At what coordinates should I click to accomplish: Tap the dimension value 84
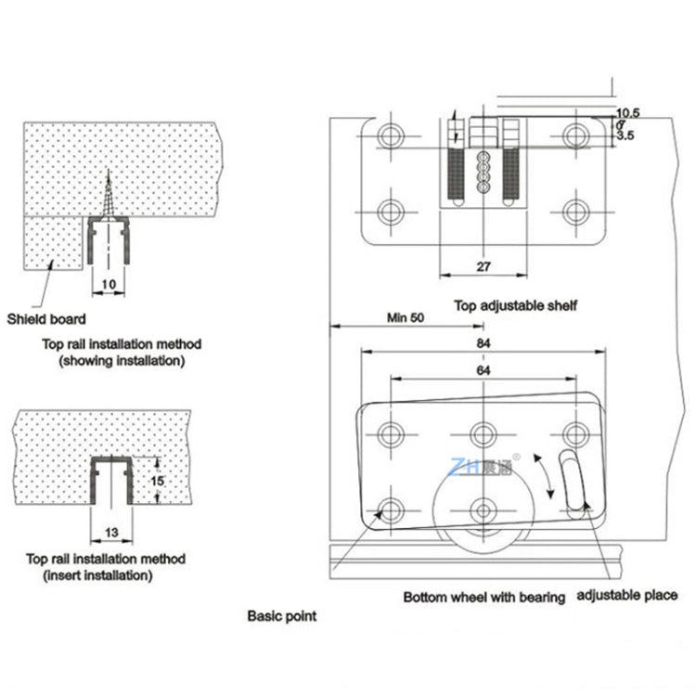(x=482, y=342)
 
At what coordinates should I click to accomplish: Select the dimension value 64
(x=482, y=370)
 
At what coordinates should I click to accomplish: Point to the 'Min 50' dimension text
(x=405, y=317)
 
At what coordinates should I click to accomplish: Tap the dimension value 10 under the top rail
(x=109, y=285)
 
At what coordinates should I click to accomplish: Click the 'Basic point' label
(x=281, y=615)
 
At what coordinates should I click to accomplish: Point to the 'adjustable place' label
(x=627, y=595)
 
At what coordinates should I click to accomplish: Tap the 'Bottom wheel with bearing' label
(x=483, y=598)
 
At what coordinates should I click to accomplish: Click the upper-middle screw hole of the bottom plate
(x=482, y=433)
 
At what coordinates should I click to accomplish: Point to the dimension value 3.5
(x=625, y=135)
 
